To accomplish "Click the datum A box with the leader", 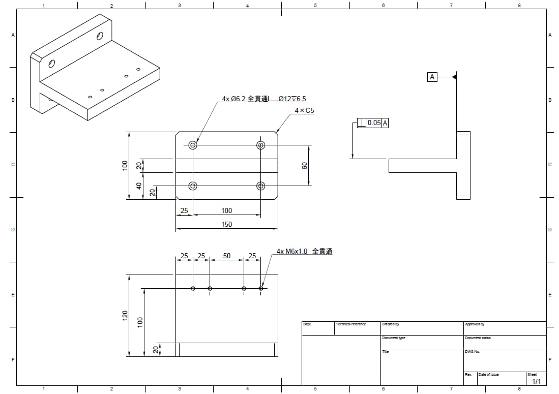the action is coord(432,77).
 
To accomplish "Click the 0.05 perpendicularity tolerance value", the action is coord(374,123).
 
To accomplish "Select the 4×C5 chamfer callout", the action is coord(305,110).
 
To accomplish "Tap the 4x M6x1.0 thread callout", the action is coord(305,251).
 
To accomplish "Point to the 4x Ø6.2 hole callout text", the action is coord(264,99).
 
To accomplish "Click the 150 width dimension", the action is coord(227,224).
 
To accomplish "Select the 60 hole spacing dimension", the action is coord(304,166).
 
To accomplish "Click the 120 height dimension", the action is coord(125,315).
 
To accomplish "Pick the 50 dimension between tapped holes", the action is coord(227,256).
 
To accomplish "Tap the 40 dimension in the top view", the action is coord(139,186).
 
